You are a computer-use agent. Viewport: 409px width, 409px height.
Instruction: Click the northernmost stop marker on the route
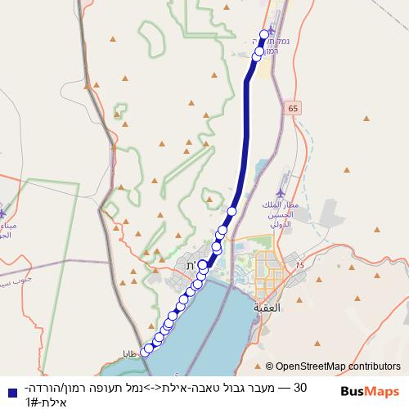tap(264, 35)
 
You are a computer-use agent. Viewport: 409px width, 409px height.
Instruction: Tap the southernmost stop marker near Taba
tap(146, 352)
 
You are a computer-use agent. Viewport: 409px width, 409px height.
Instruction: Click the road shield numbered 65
tap(294, 107)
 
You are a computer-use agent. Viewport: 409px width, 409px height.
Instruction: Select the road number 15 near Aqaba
tap(300, 266)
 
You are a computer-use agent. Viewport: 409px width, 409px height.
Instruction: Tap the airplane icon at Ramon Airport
tap(274, 17)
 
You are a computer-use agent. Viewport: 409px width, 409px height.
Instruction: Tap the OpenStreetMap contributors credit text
tap(338, 367)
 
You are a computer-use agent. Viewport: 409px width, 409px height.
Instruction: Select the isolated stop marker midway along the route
tap(231, 211)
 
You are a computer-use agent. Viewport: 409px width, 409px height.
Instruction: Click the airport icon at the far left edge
tap(5, 211)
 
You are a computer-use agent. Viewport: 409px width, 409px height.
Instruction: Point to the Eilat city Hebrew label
tap(191, 266)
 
